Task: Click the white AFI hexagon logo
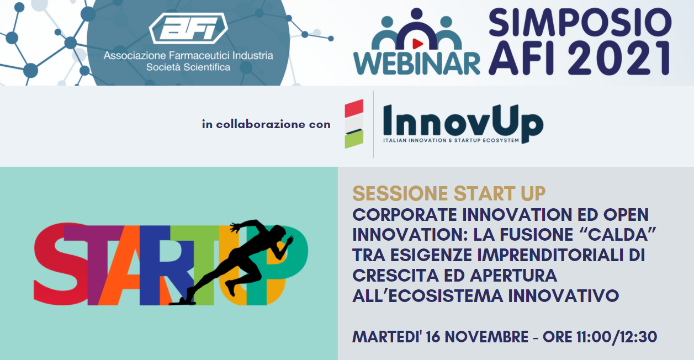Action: pyautogui.click(x=188, y=29)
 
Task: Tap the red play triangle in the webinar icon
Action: pyautogui.click(x=417, y=44)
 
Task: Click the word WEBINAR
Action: pyautogui.click(x=417, y=63)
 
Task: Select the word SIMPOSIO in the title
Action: pyautogui.click(x=580, y=22)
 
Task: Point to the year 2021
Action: pyautogui.click(x=619, y=58)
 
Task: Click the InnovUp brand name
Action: pyautogui.click(x=463, y=123)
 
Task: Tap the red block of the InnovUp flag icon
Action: pyautogui.click(x=354, y=108)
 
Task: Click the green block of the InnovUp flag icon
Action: pyautogui.click(x=354, y=139)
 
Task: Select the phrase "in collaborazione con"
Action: pyautogui.click(x=266, y=124)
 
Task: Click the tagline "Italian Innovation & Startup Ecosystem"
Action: pyautogui.click(x=451, y=140)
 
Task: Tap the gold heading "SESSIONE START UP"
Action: pyautogui.click(x=449, y=194)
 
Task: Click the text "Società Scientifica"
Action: pyautogui.click(x=188, y=67)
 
